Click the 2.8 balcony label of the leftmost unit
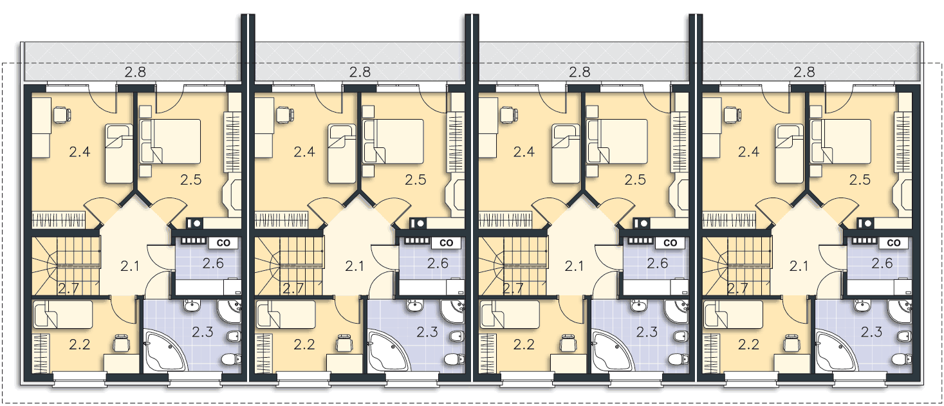tap(135, 72)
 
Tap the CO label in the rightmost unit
tap(893, 243)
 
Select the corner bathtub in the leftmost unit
tap(165, 351)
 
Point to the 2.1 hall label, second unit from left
tap(354, 266)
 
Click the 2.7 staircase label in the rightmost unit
tap(737, 288)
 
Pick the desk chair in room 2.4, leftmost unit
tap(62, 115)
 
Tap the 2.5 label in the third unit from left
tap(635, 180)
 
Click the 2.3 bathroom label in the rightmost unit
tap(871, 332)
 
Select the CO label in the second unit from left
tap(446, 243)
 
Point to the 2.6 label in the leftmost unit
tap(213, 264)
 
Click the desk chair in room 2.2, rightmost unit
tap(791, 343)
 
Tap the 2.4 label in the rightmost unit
tap(748, 152)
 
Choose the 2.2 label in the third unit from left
tap(524, 344)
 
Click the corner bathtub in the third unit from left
tap(613, 351)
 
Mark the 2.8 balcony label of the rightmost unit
tap(804, 72)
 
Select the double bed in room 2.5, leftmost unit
tap(171, 142)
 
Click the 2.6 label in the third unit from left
tap(658, 264)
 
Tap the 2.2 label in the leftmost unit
tap(80, 344)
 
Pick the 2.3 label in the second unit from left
tap(427, 332)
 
